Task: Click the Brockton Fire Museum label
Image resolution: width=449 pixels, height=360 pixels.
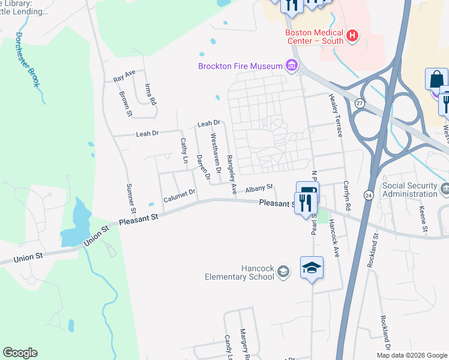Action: pyautogui.click(x=241, y=65)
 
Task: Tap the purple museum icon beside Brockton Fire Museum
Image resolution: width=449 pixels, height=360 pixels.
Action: pyautogui.click(x=292, y=65)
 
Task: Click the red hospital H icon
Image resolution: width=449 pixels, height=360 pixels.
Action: pyautogui.click(x=352, y=36)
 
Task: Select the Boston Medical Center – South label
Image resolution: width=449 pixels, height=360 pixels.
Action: pyautogui.click(x=314, y=37)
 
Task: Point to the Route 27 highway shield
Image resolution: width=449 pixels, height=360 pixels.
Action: pyautogui.click(x=359, y=103)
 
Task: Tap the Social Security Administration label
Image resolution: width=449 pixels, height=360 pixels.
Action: pyautogui.click(x=410, y=190)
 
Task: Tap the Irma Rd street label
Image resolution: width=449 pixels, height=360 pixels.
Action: pyautogui.click(x=150, y=95)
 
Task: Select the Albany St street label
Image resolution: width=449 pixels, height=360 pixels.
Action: pyautogui.click(x=259, y=188)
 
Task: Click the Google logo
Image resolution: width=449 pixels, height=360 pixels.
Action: pyautogui.click(x=20, y=353)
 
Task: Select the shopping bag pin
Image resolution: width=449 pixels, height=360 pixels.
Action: pyautogui.click(x=436, y=80)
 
